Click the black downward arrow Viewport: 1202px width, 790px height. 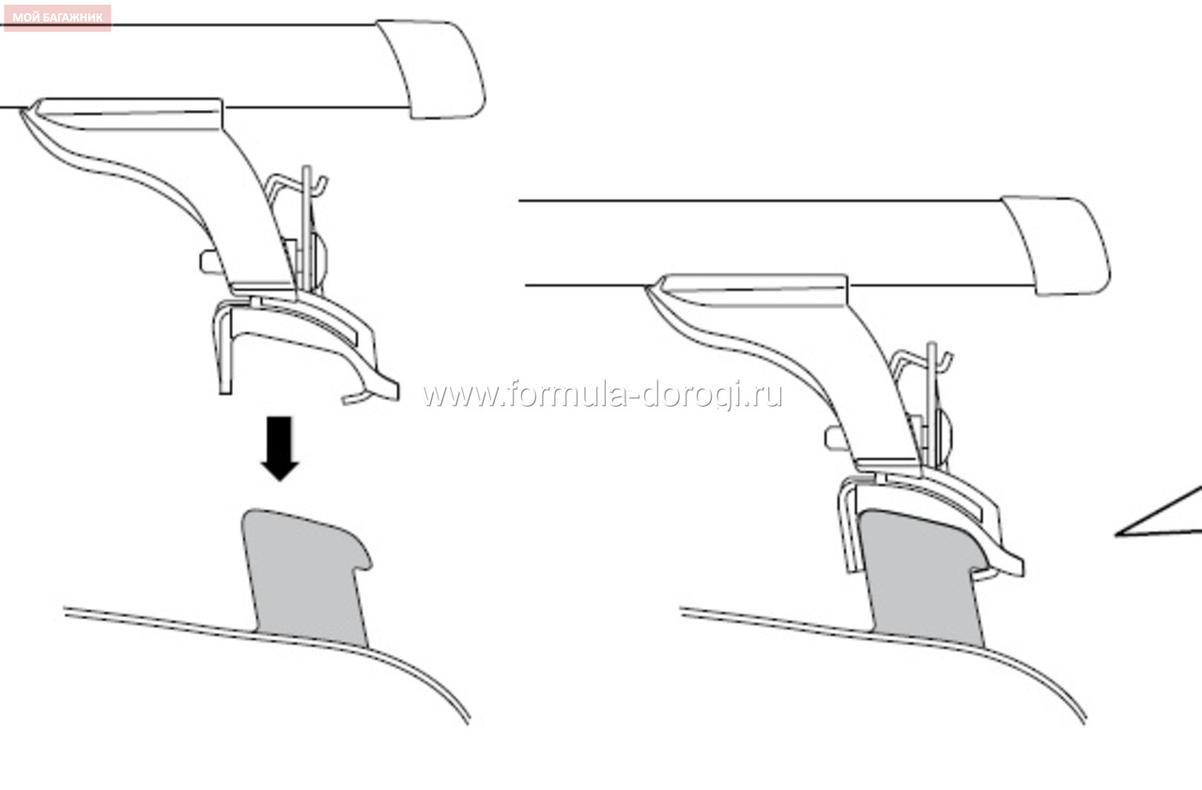click(x=280, y=447)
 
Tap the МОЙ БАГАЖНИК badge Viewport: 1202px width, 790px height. click(x=57, y=18)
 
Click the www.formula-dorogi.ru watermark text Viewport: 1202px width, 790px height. click(x=602, y=395)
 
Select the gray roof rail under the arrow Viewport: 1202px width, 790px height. click(x=306, y=578)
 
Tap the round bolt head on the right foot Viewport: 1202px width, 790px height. click(x=942, y=437)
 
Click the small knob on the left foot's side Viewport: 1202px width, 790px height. click(x=210, y=262)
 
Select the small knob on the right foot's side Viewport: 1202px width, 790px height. click(x=836, y=438)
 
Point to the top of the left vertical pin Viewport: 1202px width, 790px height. click(x=306, y=168)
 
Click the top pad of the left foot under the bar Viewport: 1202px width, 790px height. click(x=129, y=114)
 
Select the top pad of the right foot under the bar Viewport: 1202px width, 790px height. click(x=752, y=290)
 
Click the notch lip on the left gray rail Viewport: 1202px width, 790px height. click(x=362, y=558)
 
